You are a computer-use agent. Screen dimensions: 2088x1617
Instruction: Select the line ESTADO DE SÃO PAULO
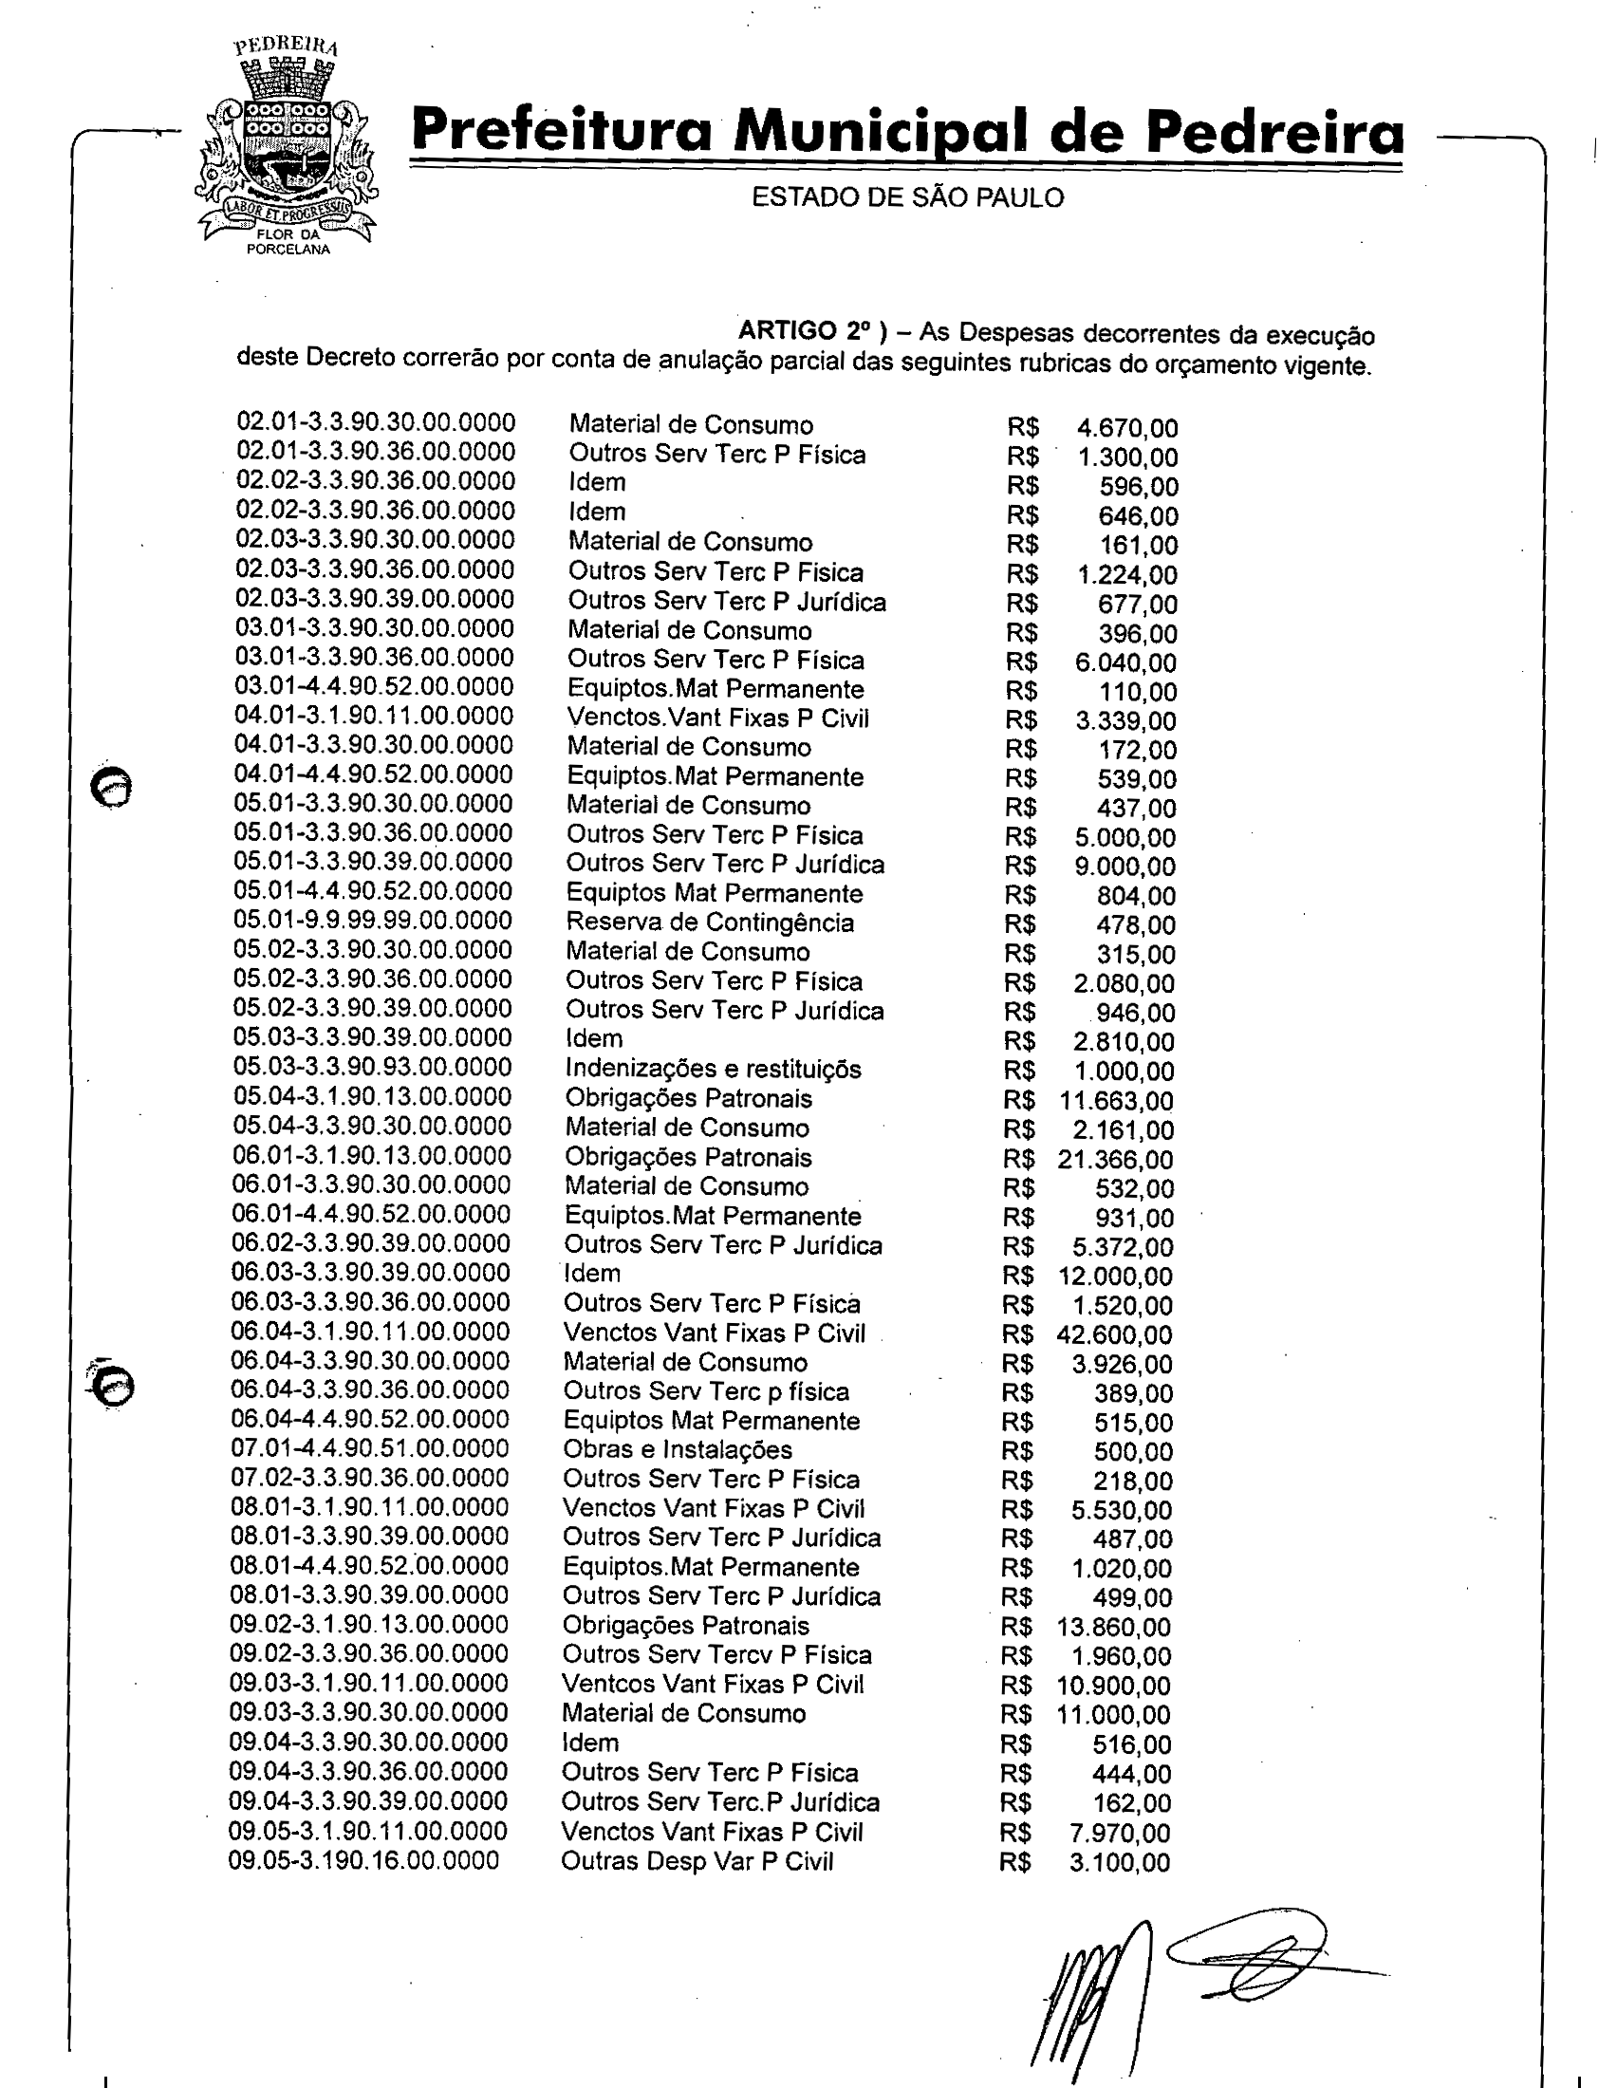pos(907,197)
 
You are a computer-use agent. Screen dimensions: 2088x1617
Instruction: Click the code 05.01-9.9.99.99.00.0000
pos(373,921)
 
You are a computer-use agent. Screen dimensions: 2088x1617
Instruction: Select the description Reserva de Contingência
pos(709,923)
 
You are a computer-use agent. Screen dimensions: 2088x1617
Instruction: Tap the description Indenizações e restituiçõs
pos(712,1069)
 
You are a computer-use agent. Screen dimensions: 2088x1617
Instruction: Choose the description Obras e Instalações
pos(677,1449)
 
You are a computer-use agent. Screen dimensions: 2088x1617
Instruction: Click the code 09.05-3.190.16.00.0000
pos(363,1860)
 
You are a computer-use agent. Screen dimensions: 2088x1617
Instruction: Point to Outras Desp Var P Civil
pos(697,1861)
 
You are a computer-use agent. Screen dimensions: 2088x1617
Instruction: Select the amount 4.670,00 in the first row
pos(1126,428)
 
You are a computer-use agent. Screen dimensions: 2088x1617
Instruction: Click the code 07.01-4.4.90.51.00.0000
pos(370,1448)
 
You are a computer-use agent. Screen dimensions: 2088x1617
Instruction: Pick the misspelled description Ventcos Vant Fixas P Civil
pos(712,1685)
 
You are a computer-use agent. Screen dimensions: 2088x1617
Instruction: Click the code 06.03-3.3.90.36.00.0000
pos(371,1302)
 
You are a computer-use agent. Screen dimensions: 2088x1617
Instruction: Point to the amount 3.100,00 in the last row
pos(1119,1862)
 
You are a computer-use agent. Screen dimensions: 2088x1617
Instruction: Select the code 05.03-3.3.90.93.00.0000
pos(372,1067)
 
